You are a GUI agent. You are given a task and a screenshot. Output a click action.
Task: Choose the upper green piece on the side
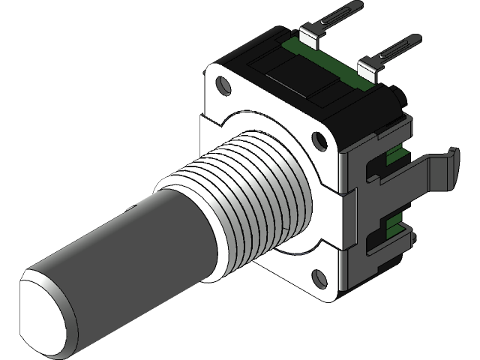396,156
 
